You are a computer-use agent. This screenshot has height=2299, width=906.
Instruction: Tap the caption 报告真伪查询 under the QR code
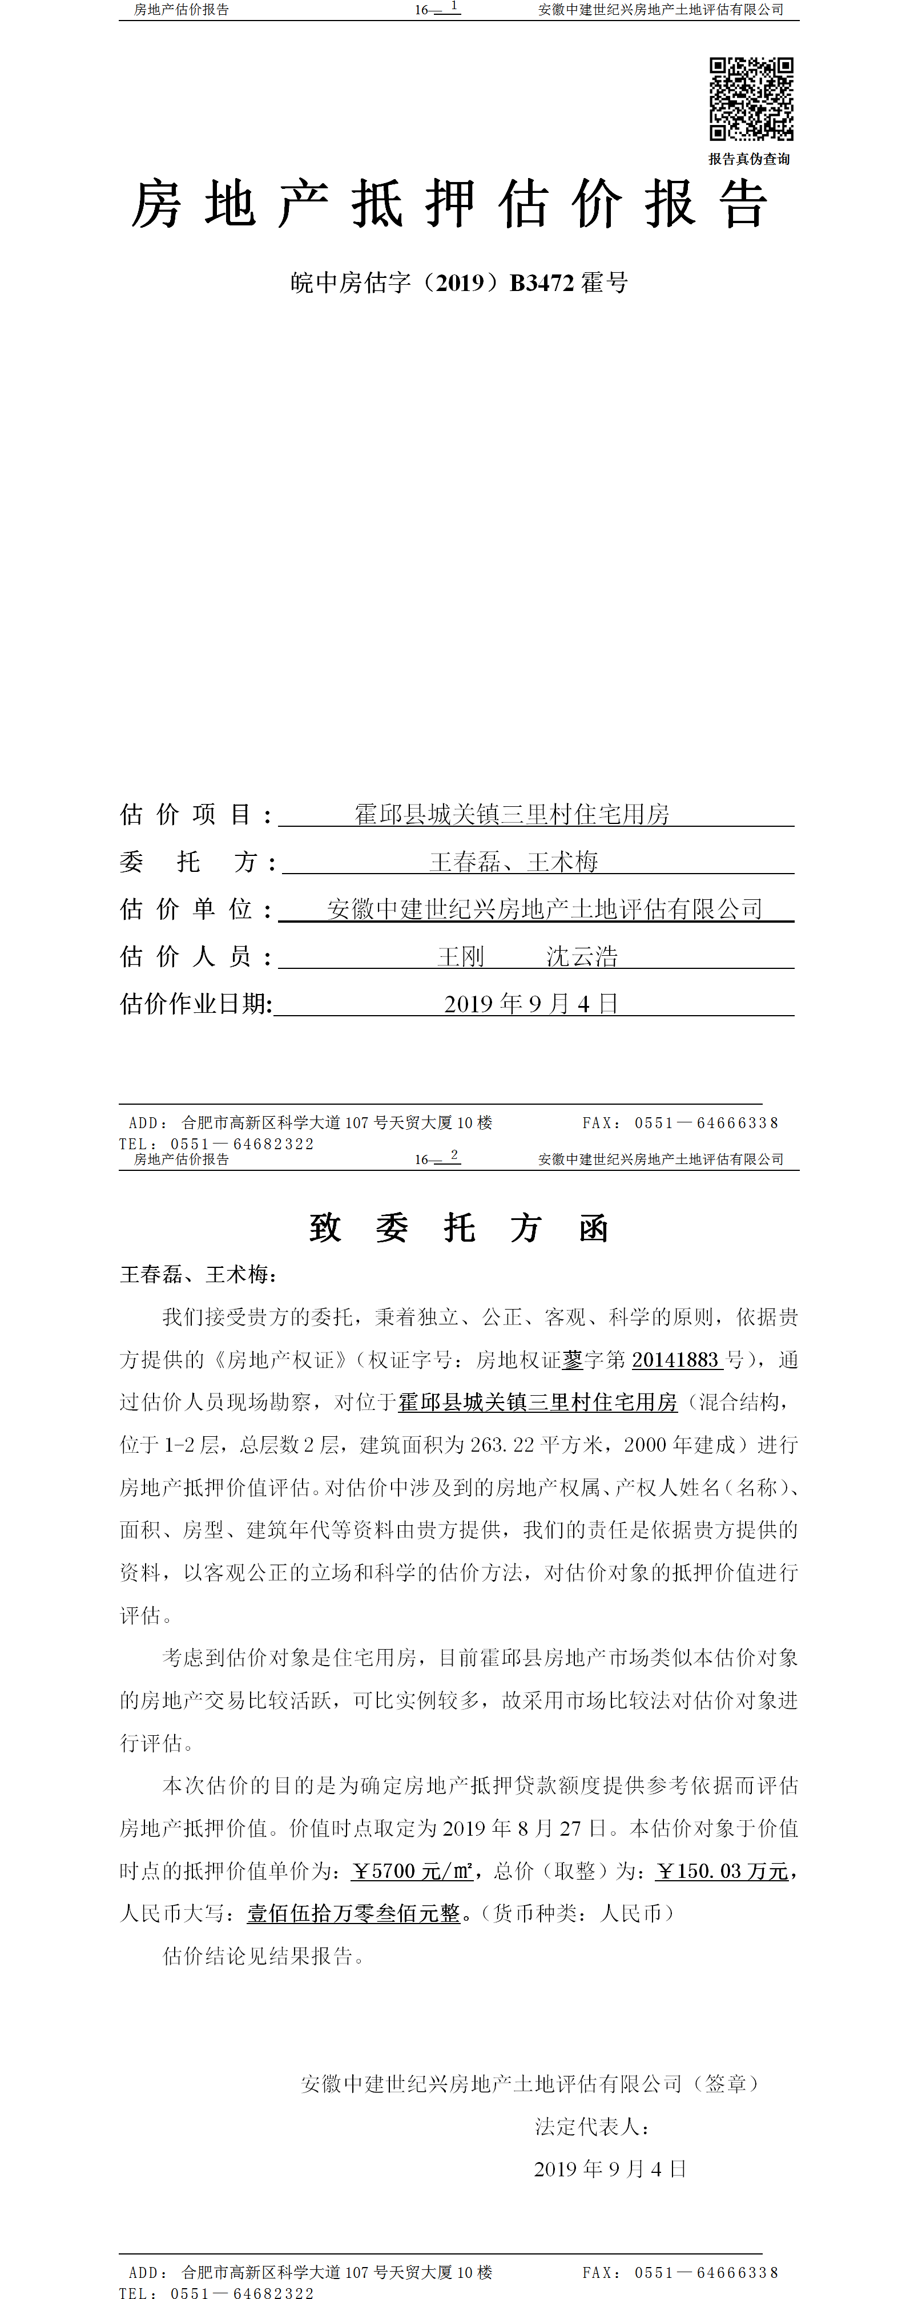point(749,159)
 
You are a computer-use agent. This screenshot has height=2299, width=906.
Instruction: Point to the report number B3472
point(542,283)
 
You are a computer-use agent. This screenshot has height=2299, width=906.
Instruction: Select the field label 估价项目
point(195,814)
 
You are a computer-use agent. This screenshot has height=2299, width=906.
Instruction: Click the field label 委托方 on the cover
point(195,861)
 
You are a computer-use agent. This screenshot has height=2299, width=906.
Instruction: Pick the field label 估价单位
point(195,908)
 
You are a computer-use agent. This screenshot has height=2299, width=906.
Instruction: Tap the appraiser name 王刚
point(461,957)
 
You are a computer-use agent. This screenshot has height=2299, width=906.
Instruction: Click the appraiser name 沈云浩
point(582,957)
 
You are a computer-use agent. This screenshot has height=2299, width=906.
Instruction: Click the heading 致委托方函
point(459,1228)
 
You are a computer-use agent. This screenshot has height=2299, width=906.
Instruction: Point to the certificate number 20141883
point(676,1360)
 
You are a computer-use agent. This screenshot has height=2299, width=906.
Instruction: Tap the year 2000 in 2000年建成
point(645,1445)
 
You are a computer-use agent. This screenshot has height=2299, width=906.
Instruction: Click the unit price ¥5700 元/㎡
point(412,1872)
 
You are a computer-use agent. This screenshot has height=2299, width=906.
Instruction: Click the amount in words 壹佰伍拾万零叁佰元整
point(353,1913)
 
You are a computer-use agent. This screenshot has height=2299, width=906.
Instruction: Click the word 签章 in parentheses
point(726,2084)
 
